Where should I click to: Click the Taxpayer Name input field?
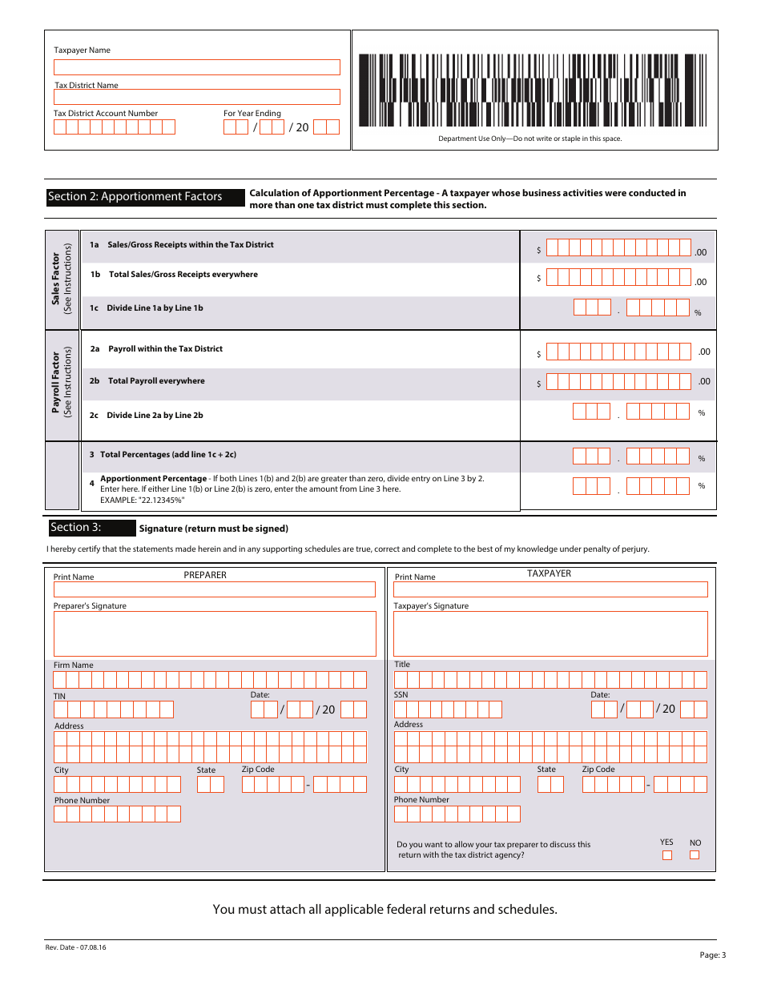[x=196, y=67]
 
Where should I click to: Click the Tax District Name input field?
[x=196, y=97]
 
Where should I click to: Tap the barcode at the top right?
[x=534, y=90]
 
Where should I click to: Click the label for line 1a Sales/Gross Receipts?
[x=190, y=245]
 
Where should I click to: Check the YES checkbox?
[x=667, y=855]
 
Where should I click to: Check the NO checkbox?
[x=695, y=855]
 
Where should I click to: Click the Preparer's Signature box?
[x=214, y=634]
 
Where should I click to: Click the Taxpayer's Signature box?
[x=550, y=634]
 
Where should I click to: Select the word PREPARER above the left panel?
[x=205, y=575]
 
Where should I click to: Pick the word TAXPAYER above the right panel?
[x=549, y=573]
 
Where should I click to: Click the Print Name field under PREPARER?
[x=214, y=589]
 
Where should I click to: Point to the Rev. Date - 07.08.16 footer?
[x=76, y=947]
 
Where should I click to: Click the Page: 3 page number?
[x=712, y=955]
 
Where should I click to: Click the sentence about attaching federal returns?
[x=385, y=909]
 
